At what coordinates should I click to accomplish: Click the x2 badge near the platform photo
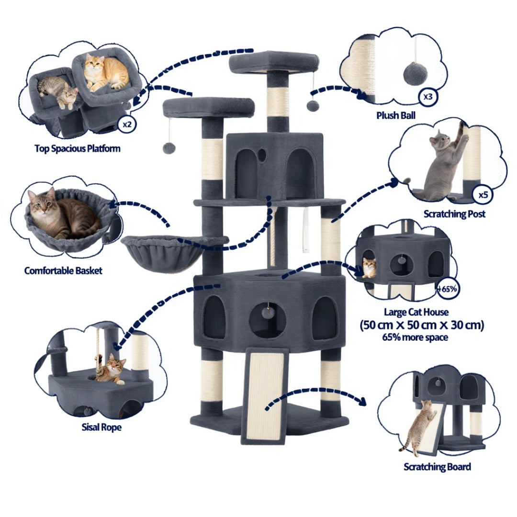[x=127, y=124]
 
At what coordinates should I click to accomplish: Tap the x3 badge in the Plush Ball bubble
[x=427, y=97]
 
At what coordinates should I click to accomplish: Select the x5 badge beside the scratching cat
[x=483, y=194]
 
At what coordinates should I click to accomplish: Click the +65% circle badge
[x=448, y=289]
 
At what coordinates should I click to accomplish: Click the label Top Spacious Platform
[x=78, y=148]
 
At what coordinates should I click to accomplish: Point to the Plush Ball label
[x=396, y=115]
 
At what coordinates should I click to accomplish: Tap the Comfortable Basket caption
[x=63, y=270]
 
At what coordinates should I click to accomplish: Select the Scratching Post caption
[x=454, y=214]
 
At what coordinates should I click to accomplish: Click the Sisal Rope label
[x=101, y=427]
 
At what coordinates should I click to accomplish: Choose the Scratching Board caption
[x=437, y=467]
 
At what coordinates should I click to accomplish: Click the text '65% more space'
[x=415, y=337]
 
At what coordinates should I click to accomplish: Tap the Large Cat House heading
[x=416, y=312]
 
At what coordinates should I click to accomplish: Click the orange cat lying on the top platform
[x=106, y=73]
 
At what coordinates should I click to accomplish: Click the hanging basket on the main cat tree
[x=162, y=253]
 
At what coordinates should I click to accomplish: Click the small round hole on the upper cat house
[x=262, y=154]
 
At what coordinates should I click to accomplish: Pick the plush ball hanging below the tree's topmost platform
[x=312, y=106]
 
